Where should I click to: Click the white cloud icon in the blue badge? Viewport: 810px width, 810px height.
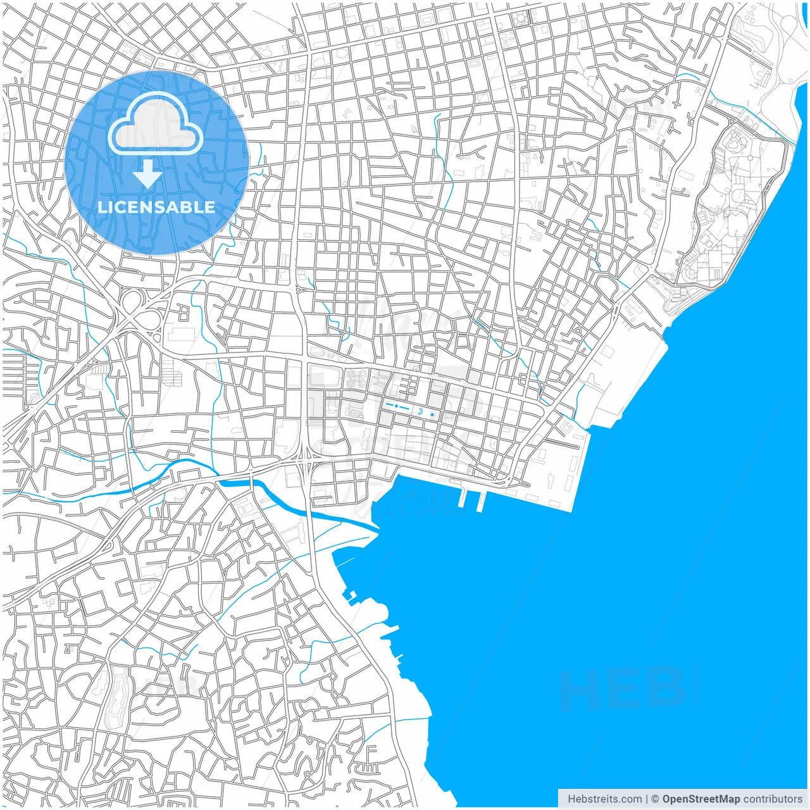(156, 127)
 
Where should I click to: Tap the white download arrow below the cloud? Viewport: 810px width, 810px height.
(147, 173)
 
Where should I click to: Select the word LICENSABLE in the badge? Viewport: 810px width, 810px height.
(156, 207)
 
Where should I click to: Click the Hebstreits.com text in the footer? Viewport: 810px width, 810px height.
(604, 799)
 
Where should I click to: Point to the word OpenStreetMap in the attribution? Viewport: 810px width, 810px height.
(701, 799)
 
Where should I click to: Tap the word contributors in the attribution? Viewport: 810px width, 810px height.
(772, 799)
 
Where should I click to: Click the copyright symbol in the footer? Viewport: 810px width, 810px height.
(655, 799)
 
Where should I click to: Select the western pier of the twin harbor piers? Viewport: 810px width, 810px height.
(463, 498)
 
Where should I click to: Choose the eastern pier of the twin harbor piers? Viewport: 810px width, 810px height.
(482, 501)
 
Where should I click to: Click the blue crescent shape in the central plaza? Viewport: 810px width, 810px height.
(420, 412)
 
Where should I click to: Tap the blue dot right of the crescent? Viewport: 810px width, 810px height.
(433, 414)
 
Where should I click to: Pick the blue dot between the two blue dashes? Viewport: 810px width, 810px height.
(396, 405)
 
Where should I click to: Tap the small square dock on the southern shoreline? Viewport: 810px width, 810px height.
(352, 595)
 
